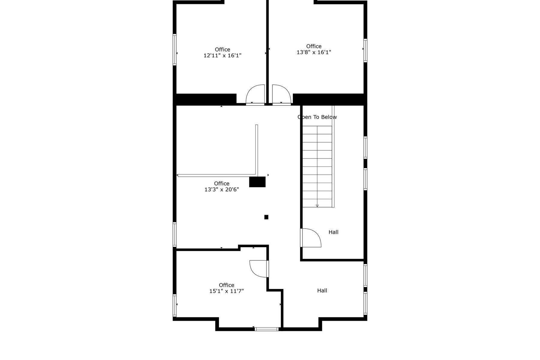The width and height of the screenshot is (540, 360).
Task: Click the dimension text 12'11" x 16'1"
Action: pos(222,55)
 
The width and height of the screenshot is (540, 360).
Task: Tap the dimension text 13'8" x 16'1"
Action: pos(314,52)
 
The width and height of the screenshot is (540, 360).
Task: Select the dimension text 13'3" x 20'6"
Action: pos(222,190)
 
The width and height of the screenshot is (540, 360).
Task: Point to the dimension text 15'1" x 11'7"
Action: pos(226,291)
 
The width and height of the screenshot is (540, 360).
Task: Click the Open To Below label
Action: pos(317,117)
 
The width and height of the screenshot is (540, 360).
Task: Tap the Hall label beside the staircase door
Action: pos(333,232)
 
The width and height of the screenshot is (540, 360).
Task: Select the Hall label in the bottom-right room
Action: pos(322,290)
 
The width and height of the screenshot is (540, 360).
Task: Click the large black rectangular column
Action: pos(257,182)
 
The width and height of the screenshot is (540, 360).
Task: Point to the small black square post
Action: pos(266,217)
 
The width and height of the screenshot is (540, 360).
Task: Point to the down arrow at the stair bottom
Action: pos(317,205)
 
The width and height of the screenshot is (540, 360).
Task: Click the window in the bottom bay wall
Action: pos(266,329)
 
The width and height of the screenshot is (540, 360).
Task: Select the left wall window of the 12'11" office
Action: pos(175,49)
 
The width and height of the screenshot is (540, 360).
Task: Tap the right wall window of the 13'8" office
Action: pos(365,50)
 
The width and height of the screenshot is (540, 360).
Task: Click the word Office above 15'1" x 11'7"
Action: pos(226,285)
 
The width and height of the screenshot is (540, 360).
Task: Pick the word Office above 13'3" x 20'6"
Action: pos(222,184)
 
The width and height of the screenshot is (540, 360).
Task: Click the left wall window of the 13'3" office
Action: pos(175,234)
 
